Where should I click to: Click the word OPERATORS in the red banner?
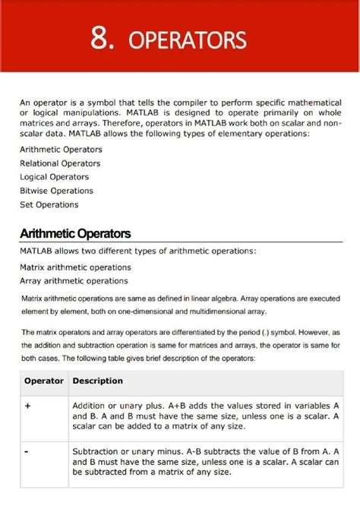pyautogui.click(x=188, y=40)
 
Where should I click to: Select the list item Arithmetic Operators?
pyautogui.click(x=61, y=150)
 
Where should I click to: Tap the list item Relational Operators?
pyautogui.click(x=60, y=163)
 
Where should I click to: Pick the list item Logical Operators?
pyautogui.click(x=55, y=177)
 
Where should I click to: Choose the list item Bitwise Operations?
pyautogui.click(x=57, y=191)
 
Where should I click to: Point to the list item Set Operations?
pyautogui.click(x=49, y=204)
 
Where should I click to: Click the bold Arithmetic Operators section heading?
pyautogui.click(x=75, y=234)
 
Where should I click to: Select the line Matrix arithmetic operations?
pyautogui.click(x=75, y=267)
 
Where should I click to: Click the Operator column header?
pyautogui.click(x=44, y=381)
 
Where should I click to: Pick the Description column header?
pyautogui.click(x=97, y=381)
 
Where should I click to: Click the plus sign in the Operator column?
pyautogui.click(x=27, y=406)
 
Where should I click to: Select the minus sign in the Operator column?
pyautogui.click(x=27, y=452)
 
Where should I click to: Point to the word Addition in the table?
pyautogui.click(x=90, y=406)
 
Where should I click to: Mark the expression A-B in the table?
pyautogui.click(x=194, y=452)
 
